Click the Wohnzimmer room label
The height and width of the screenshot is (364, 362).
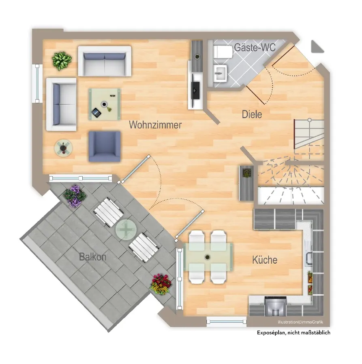click(x=155, y=125)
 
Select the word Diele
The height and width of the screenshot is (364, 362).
click(x=252, y=114)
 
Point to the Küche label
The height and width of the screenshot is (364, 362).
click(x=265, y=260)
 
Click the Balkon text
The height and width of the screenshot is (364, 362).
click(x=93, y=256)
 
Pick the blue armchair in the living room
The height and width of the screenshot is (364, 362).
click(x=105, y=146)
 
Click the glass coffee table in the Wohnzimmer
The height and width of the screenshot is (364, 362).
click(x=104, y=104)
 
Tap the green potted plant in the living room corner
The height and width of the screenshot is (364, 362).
click(x=62, y=61)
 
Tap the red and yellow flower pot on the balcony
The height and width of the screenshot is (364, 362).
click(x=161, y=284)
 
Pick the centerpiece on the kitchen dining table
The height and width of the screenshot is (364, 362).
click(x=208, y=257)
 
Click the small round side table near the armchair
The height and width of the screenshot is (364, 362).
click(x=64, y=148)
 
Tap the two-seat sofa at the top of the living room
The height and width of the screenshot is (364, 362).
click(x=105, y=61)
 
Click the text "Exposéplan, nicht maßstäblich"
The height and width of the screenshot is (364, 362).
click(x=293, y=332)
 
